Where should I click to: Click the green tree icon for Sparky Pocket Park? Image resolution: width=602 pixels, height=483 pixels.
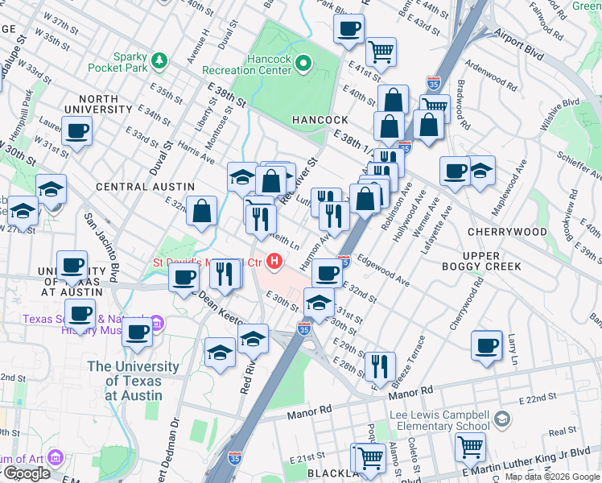159,60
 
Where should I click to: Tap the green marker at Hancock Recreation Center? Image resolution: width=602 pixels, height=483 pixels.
303,62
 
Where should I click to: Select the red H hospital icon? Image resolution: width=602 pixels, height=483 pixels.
276,262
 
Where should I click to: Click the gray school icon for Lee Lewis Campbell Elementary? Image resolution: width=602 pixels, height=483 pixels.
502,419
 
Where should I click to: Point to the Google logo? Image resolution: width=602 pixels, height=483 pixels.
27,473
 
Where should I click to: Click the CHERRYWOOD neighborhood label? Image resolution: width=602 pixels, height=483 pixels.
509,232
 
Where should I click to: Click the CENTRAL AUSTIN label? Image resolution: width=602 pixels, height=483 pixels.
134,186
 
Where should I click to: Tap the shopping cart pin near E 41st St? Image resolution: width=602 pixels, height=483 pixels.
381,51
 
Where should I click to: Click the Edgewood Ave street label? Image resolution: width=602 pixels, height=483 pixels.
385,270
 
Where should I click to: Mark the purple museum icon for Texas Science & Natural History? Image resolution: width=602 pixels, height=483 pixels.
158,324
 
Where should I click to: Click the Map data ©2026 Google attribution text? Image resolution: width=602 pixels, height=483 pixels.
552,477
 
